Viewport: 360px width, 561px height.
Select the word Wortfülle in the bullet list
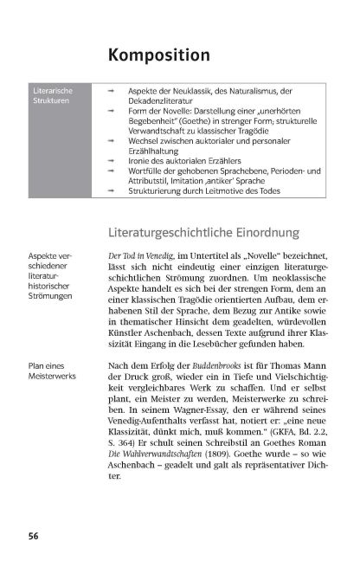pyautogui.click(x=146, y=171)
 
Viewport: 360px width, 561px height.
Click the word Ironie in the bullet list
pyautogui.click(x=141, y=159)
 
